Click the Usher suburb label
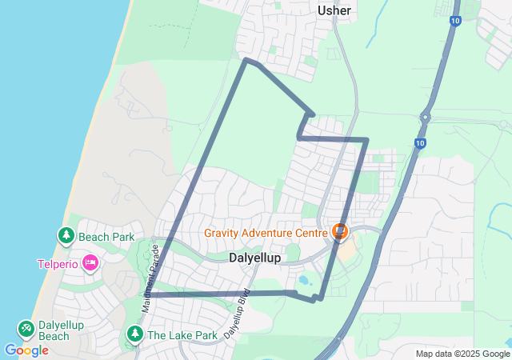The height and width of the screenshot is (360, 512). pos(334,10)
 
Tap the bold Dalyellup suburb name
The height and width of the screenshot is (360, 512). pos(254,258)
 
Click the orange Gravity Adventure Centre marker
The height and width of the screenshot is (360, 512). pos(340,232)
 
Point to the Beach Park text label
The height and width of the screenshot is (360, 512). pos(106,237)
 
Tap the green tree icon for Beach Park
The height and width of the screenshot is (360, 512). pos(66,236)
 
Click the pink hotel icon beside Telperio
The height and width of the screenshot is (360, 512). pos(90,262)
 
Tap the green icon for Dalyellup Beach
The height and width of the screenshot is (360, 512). pos(26,329)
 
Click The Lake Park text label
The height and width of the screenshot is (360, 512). pos(182,335)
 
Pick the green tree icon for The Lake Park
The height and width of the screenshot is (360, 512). pos(134,334)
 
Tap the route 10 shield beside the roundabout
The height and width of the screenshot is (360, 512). pos(420,143)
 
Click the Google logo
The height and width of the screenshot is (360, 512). pos(26,350)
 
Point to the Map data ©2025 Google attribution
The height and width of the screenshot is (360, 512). pos(462,354)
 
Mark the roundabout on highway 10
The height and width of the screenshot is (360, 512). pos(425,118)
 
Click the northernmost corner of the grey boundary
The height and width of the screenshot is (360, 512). pos(246,60)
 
